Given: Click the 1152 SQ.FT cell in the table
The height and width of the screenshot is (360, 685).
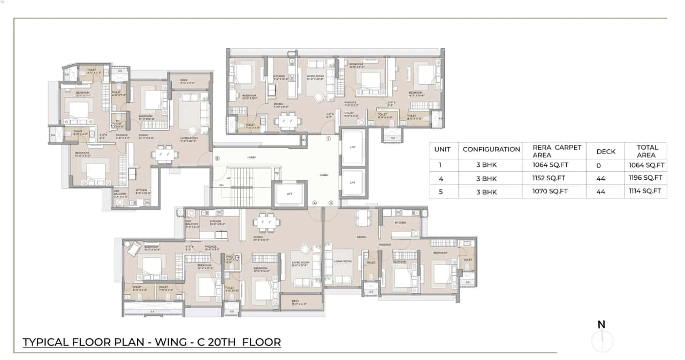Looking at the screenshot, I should tap(549, 178).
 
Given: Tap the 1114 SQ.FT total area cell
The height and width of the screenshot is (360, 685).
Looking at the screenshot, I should tap(646, 192).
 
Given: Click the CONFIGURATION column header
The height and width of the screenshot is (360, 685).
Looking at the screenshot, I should tap(491, 150).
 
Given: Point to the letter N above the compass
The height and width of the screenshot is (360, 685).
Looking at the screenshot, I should tap(602, 324).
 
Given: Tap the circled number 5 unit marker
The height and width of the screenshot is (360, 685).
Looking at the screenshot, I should tap(217, 158).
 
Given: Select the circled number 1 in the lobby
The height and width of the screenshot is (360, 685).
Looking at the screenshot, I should tap(329, 138).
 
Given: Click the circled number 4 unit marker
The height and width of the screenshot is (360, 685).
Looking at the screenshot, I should tap(315, 203).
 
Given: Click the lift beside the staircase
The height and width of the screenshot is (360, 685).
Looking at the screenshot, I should tap(290, 194).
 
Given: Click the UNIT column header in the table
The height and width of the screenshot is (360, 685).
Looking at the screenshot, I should tap(442, 150).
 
